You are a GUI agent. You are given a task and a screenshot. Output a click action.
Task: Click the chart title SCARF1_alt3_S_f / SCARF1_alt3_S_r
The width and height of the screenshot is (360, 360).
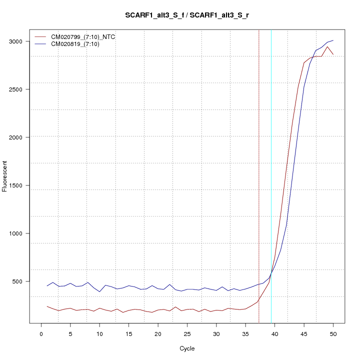point(187,15)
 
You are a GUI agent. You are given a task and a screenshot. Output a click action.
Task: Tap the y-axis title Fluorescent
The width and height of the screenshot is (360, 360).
point(5,176)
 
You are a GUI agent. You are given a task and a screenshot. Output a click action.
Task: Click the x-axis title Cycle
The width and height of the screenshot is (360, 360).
point(186,348)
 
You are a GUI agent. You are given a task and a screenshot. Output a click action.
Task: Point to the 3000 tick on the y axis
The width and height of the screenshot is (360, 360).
point(20,41)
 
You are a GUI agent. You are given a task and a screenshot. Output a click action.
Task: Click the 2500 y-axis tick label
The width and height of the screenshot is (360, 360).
point(20,89)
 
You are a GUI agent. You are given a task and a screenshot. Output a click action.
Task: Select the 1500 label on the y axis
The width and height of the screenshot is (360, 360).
point(20,185)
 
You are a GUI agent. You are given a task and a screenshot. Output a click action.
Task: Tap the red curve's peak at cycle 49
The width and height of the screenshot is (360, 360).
point(327,47)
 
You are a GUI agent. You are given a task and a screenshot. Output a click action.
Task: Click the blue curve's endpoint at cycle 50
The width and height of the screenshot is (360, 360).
point(333,40)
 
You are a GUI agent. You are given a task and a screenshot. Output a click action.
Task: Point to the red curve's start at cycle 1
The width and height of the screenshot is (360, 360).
point(47,306)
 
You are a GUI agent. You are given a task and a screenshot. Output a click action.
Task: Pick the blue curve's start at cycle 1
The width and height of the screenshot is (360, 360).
point(47,286)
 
